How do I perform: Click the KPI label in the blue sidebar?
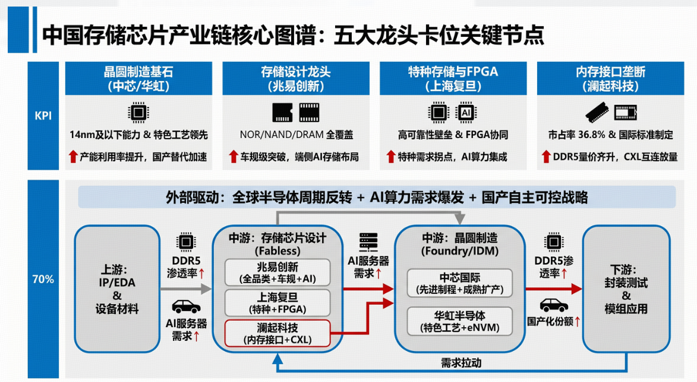(43, 116)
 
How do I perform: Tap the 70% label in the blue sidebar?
(43, 279)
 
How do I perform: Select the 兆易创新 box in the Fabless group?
(277, 273)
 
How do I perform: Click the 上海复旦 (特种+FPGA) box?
(277, 303)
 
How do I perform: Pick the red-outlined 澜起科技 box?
(277, 333)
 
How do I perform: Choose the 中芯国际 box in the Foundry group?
(460, 283)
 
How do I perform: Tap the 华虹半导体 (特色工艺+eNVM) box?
(460, 321)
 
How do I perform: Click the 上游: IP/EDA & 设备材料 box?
(117, 289)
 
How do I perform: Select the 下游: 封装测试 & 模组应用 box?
(626, 289)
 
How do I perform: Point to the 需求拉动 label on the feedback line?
(461, 363)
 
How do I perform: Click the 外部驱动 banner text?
(377, 197)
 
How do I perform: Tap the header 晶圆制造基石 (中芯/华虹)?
(138, 79)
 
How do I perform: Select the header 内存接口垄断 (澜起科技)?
(610, 79)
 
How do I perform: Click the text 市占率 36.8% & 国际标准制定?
(610, 134)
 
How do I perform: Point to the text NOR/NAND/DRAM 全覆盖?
(296, 134)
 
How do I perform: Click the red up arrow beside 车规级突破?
(234, 156)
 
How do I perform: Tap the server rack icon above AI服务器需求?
(368, 242)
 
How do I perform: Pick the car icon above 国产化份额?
(554, 305)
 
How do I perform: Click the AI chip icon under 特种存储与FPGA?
(466, 112)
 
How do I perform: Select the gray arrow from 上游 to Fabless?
(186, 289)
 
